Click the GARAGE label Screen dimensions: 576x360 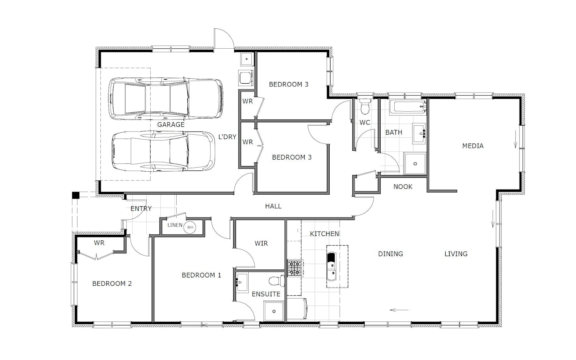pyautogui.click(x=171, y=125)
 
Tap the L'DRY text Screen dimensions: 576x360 pyautogui.click(x=227, y=137)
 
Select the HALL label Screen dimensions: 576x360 pyautogui.click(x=273, y=206)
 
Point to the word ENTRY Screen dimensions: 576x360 pyautogui.click(x=141, y=209)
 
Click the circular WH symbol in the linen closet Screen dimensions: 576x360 pyautogui.click(x=190, y=227)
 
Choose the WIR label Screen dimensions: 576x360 pyautogui.click(x=261, y=243)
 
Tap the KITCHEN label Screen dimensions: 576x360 pyautogui.click(x=324, y=234)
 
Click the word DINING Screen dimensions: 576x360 pyautogui.click(x=390, y=254)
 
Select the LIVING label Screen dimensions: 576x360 pyautogui.click(x=456, y=254)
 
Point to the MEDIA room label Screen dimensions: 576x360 pyautogui.click(x=472, y=146)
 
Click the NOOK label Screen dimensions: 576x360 pyautogui.click(x=403, y=187)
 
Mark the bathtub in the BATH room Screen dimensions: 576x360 pyautogui.click(x=408, y=107)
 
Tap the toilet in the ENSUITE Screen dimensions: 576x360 pyautogui.click(x=277, y=280)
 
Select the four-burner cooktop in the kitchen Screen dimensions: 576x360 pyautogui.click(x=295, y=268)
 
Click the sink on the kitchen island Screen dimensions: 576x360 pyautogui.click(x=332, y=267)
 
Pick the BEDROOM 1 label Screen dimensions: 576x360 pyautogui.click(x=201, y=276)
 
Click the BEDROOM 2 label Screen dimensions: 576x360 pyautogui.click(x=112, y=284)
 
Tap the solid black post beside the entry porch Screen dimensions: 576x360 pyautogui.click(x=76, y=195)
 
